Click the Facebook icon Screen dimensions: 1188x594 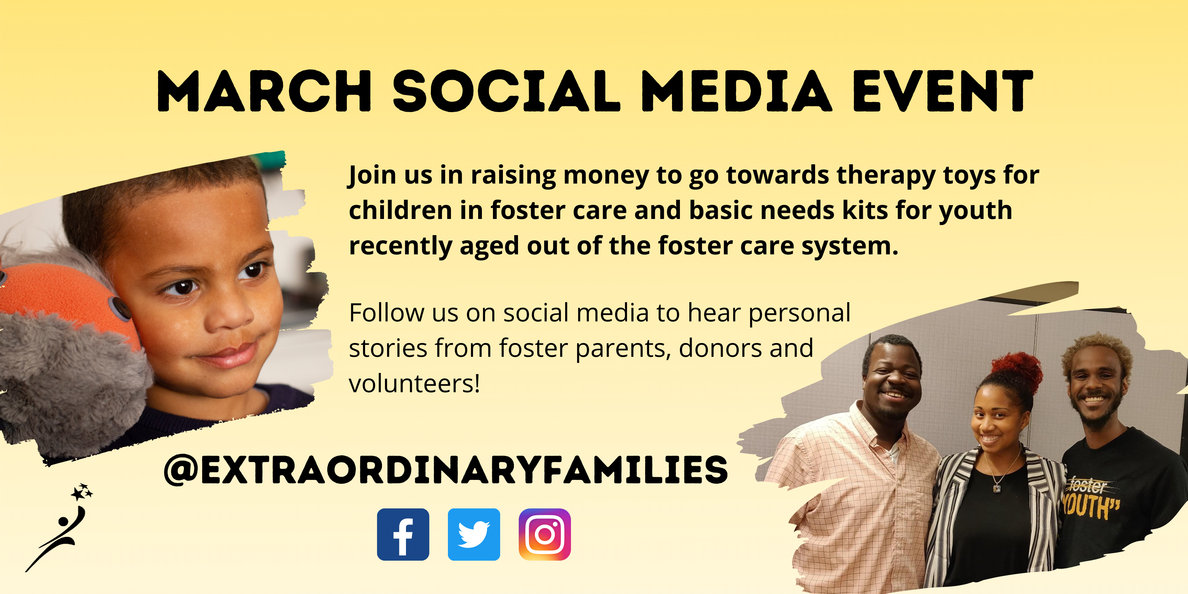[x=403, y=535]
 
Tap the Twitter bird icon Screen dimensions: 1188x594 [x=474, y=535]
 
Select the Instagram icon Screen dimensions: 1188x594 [x=544, y=535]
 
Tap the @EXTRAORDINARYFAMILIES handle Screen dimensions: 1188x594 [x=446, y=470]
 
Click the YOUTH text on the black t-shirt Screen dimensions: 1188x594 [x=1091, y=506]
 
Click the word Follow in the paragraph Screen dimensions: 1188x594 [x=386, y=313]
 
